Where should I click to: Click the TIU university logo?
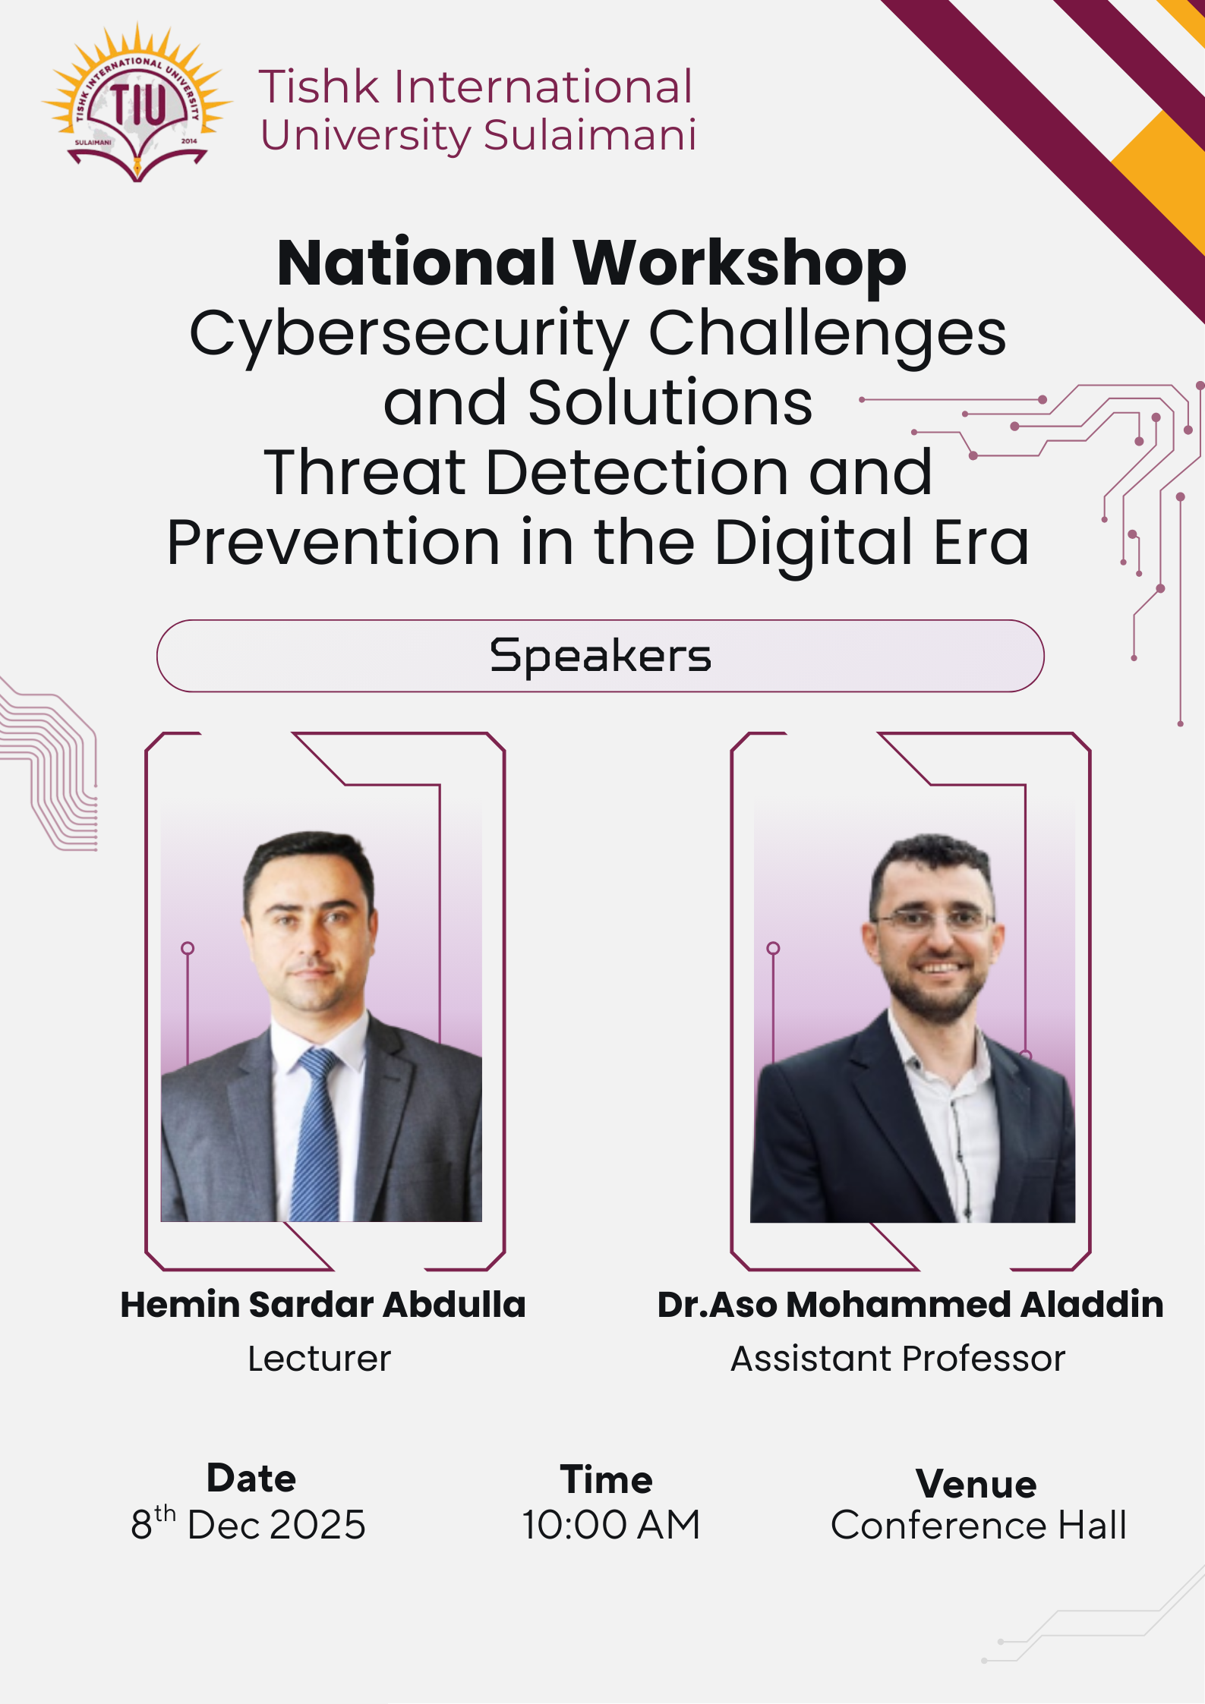tap(137, 103)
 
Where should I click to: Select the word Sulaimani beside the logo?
tap(590, 135)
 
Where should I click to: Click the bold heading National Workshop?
tap(592, 263)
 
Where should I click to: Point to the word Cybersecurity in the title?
tap(409, 334)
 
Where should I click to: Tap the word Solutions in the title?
tap(670, 402)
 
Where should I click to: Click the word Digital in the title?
tap(814, 543)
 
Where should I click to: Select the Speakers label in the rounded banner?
tap(601, 656)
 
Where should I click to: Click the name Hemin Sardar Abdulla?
tap(323, 1305)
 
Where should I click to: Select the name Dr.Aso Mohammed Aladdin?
tap(910, 1305)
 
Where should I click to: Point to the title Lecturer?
tap(320, 1359)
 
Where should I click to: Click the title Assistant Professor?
tap(898, 1359)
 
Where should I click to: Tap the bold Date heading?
tap(251, 1478)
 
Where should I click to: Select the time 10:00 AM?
tap(610, 1525)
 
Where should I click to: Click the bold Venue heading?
tap(976, 1484)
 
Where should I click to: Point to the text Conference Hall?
tap(979, 1525)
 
